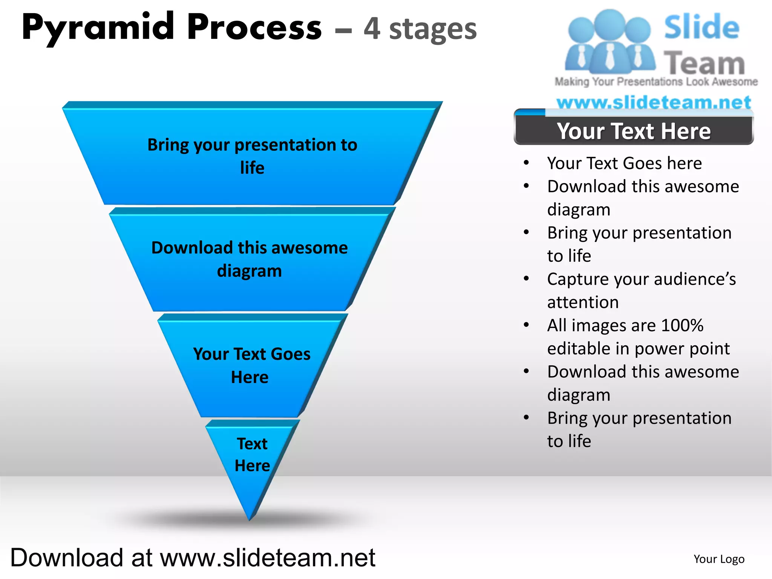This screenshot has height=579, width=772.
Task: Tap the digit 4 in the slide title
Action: (x=372, y=29)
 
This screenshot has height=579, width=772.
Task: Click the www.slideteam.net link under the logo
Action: (x=654, y=103)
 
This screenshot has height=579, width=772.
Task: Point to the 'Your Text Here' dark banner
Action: (x=634, y=131)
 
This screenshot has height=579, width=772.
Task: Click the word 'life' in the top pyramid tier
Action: (x=252, y=168)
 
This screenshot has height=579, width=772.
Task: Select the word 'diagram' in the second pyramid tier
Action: (x=249, y=271)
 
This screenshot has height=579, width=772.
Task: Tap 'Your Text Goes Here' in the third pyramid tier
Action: (x=251, y=365)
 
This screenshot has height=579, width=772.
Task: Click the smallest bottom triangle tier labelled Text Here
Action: (x=252, y=455)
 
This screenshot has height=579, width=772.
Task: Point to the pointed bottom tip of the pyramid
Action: (x=250, y=519)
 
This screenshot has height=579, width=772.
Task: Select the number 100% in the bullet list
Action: (x=682, y=325)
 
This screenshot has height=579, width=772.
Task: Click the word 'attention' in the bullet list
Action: (x=583, y=302)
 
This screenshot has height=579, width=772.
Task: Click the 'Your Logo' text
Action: (x=719, y=559)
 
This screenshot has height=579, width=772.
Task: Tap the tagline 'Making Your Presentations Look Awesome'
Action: (x=656, y=82)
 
